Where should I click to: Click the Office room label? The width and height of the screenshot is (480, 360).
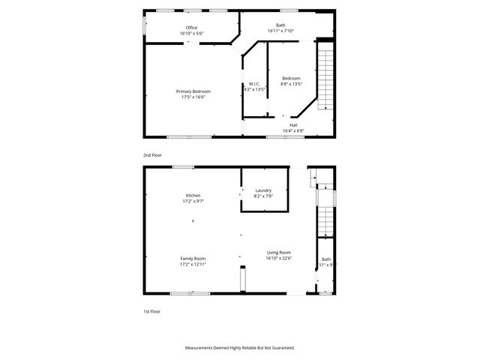[x=191, y=28]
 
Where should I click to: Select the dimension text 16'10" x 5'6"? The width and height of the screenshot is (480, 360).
[x=191, y=34]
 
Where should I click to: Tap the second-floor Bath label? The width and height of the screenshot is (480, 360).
[x=280, y=25]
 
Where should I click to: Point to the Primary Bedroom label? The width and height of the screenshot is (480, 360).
[x=193, y=91]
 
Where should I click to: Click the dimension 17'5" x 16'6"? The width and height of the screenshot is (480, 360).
[x=193, y=97]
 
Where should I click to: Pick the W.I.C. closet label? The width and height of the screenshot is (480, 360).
[x=254, y=83]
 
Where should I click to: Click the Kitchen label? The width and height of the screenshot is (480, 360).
[x=193, y=195]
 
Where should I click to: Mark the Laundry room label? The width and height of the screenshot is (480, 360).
[x=262, y=190]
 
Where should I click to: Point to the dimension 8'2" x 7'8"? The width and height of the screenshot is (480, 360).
[x=262, y=196]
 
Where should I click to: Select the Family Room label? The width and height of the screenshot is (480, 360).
[x=193, y=258]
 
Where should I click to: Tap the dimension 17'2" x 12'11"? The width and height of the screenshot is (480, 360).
[x=193, y=264]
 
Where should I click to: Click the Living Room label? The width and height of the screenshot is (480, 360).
[x=278, y=253]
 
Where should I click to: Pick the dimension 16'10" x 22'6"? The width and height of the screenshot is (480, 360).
[x=278, y=259]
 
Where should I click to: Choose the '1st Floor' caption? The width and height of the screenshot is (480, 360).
[x=152, y=310]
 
